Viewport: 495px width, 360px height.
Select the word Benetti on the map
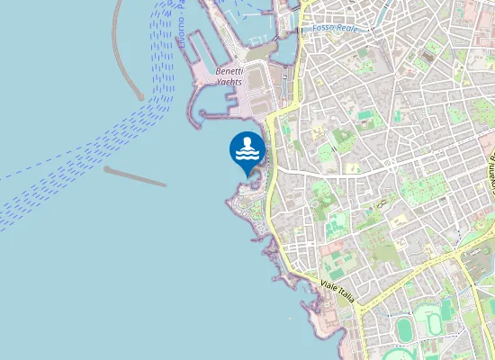[x=231, y=70]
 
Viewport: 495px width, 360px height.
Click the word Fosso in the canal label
[x=323, y=28]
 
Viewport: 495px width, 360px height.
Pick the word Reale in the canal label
[x=346, y=28]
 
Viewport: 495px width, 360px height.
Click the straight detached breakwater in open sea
[x=135, y=176]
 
